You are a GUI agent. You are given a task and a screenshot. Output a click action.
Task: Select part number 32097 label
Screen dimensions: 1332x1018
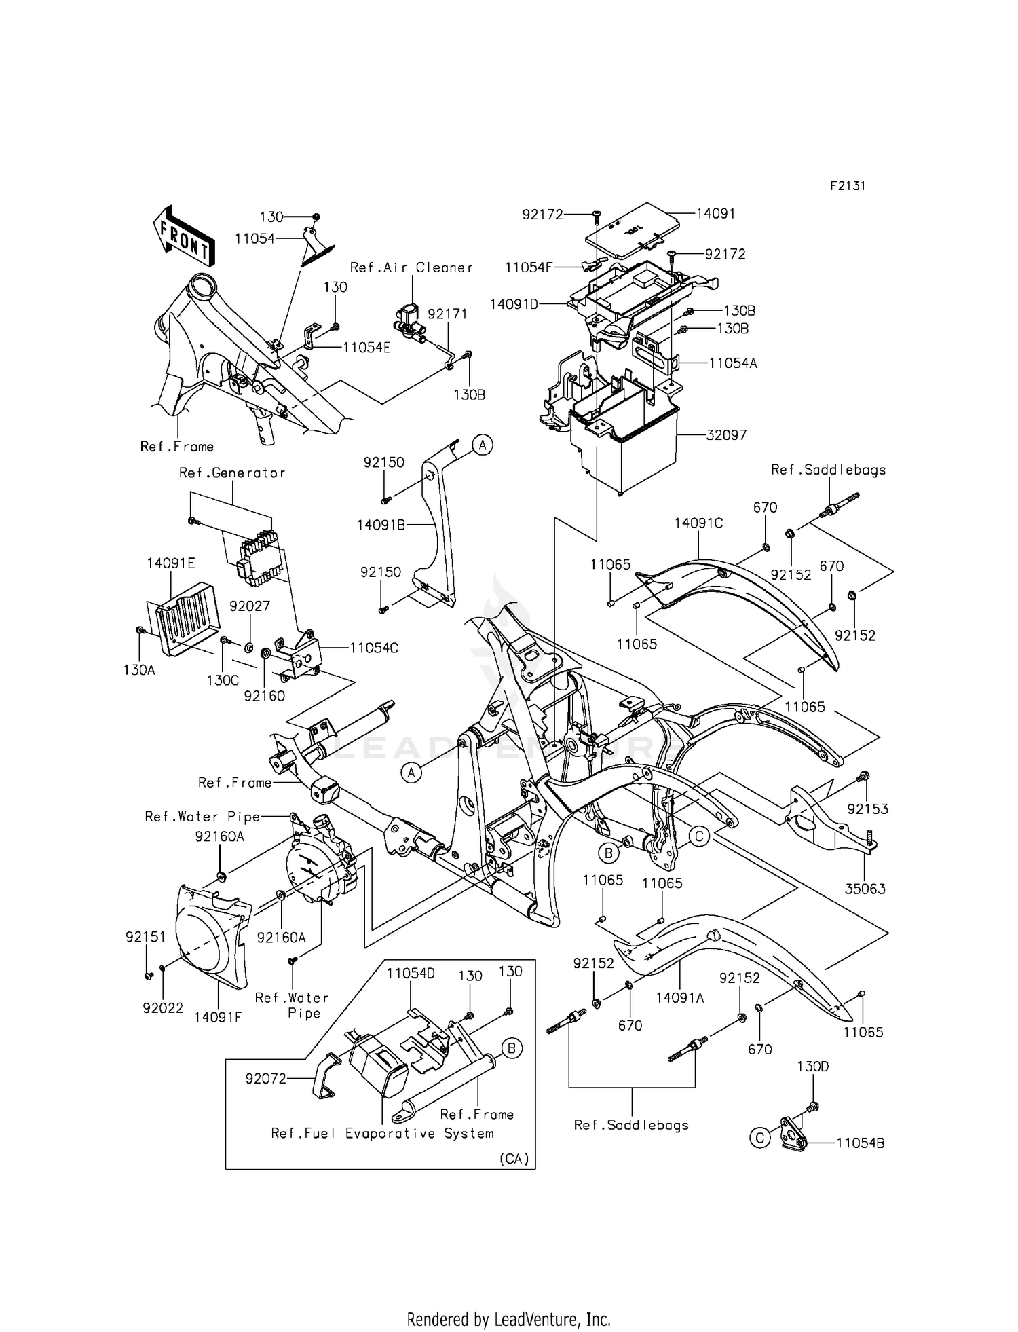coord(726,435)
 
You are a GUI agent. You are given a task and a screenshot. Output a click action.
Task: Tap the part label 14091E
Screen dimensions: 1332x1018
coord(170,563)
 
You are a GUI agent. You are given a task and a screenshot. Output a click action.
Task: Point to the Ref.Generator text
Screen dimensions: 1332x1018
coord(232,473)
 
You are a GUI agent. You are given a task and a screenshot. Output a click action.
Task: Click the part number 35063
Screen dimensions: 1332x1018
coord(865,889)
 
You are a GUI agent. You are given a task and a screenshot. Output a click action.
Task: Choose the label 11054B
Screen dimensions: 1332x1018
coord(860,1143)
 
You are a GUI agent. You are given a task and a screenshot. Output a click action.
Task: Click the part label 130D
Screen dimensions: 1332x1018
coord(812,1067)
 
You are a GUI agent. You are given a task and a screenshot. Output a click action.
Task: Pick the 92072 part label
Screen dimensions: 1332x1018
coord(266,1078)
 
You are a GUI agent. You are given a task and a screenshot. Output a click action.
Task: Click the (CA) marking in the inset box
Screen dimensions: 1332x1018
coord(514,1159)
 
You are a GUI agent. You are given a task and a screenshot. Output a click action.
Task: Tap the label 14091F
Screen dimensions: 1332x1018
coord(218,1017)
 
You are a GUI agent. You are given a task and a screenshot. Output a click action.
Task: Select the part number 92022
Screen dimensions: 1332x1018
coord(163,1008)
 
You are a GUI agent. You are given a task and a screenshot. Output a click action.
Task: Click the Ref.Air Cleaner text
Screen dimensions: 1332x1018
coord(411,267)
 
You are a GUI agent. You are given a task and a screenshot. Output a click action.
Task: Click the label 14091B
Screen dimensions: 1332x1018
coord(381,525)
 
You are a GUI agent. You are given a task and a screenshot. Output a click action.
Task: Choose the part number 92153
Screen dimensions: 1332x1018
coord(867,809)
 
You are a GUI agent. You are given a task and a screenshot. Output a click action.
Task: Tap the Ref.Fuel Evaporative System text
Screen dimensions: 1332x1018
coord(382,1134)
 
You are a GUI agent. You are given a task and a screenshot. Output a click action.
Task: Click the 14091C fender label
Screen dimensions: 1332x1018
coord(698,523)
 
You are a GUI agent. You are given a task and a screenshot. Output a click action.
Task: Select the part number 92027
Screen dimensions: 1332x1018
coord(250,606)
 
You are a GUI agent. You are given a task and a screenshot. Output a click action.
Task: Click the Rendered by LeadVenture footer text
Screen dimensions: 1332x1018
coord(508,1320)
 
